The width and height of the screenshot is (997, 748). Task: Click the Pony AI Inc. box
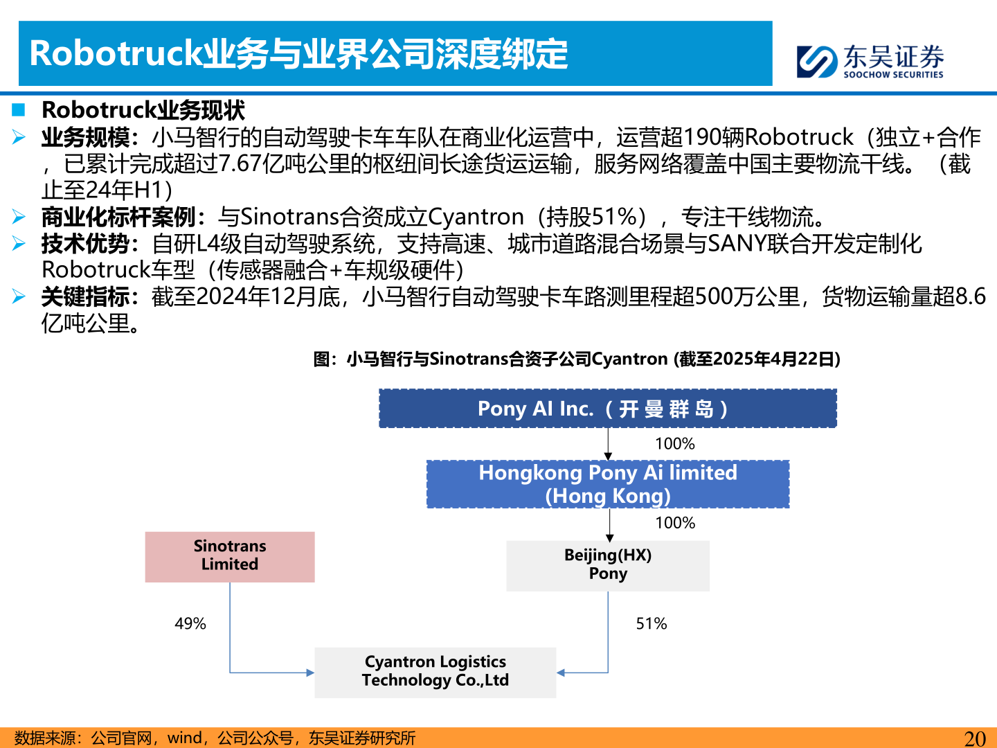click(x=607, y=409)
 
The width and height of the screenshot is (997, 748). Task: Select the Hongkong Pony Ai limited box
click(x=607, y=484)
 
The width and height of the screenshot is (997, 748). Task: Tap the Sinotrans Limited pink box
click(x=230, y=556)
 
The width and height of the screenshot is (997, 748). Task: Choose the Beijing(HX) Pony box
click(x=607, y=565)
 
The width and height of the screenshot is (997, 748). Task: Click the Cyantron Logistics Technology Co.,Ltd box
click(x=435, y=672)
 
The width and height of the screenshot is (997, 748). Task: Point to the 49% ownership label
click(x=190, y=624)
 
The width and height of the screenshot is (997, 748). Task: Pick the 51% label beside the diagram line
click(x=652, y=624)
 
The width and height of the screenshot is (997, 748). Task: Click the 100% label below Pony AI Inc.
click(x=675, y=444)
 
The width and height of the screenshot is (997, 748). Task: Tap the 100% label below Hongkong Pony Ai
click(x=675, y=523)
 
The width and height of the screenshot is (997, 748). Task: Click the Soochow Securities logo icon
click(x=817, y=61)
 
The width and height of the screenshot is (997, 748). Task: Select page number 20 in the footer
click(x=975, y=738)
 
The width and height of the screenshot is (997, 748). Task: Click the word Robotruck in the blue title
click(x=115, y=54)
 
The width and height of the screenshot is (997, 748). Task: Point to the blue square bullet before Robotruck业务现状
click(x=19, y=109)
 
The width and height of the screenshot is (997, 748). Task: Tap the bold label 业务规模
click(x=85, y=138)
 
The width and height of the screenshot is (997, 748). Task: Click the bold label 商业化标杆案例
click(x=118, y=217)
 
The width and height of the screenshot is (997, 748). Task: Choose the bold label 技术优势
click(x=85, y=244)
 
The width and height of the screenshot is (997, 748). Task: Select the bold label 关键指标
click(x=85, y=297)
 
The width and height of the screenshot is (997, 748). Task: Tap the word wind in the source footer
click(x=185, y=738)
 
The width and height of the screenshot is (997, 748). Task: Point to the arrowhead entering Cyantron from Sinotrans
click(x=310, y=673)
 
